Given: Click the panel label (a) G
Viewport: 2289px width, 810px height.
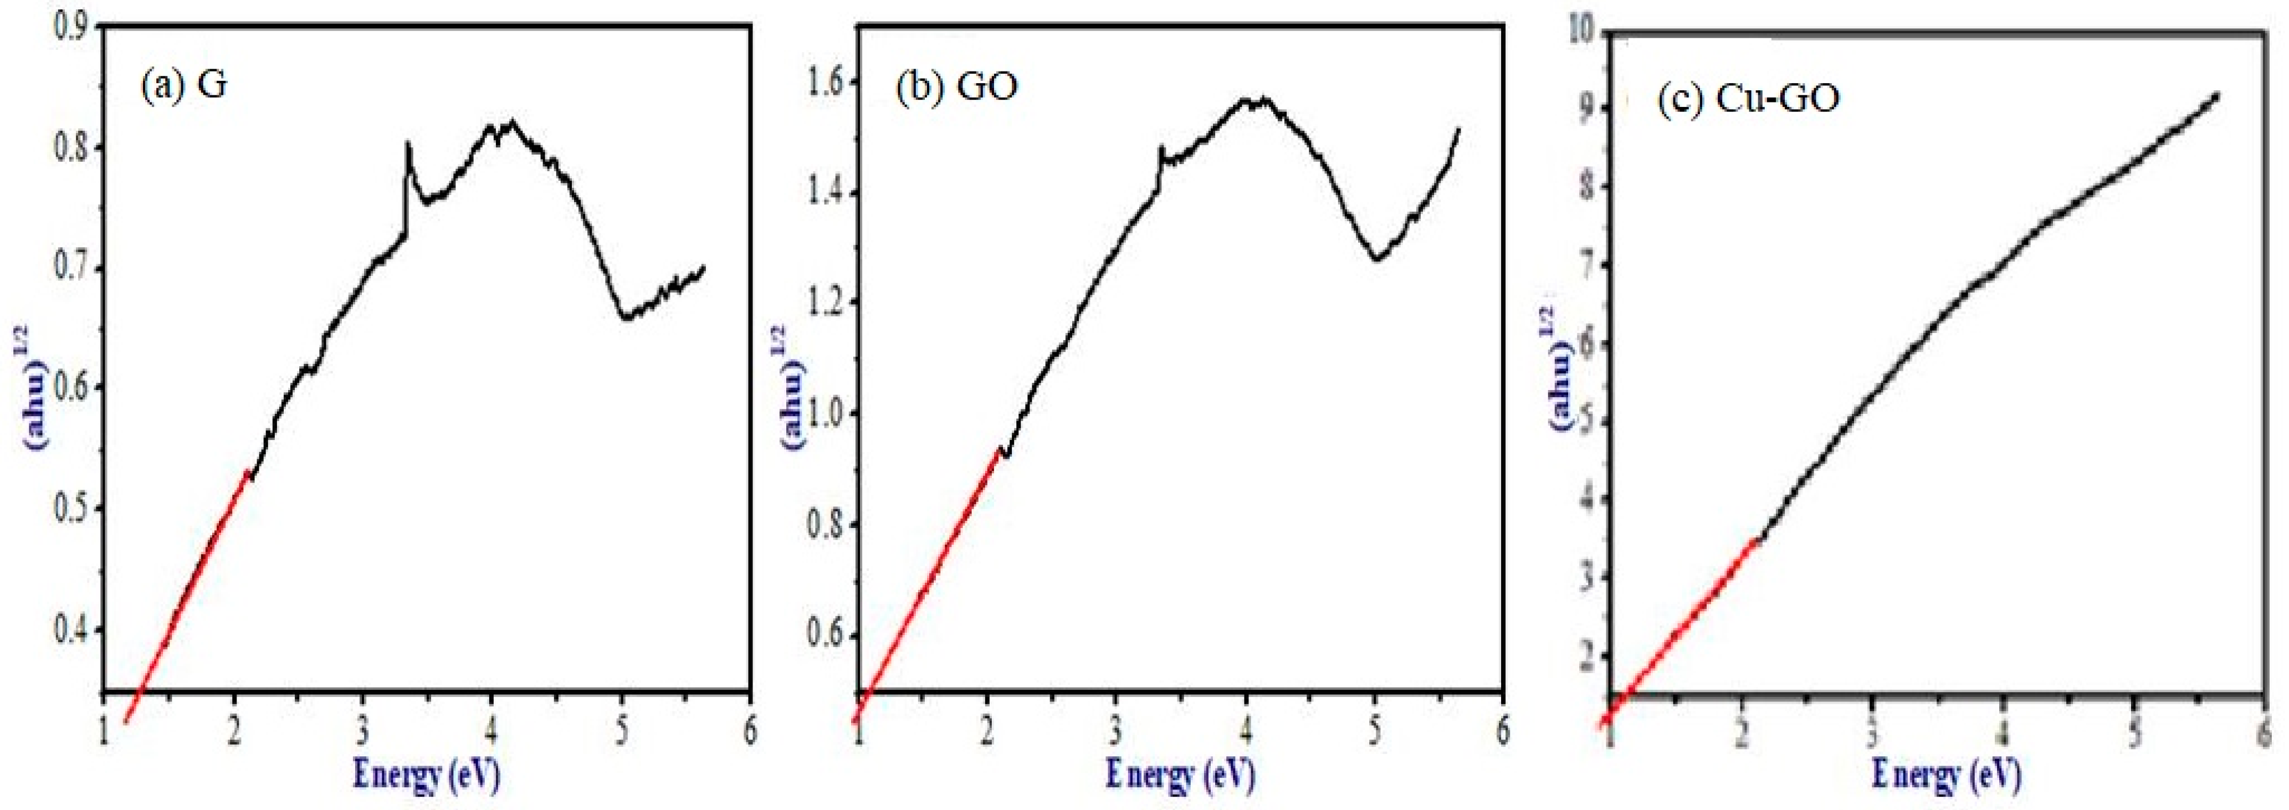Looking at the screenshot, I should (x=184, y=85).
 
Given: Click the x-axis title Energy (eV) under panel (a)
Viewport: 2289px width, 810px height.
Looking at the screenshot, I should (x=427, y=773).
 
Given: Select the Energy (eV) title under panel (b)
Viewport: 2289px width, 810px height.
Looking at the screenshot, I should (x=1180, y=773).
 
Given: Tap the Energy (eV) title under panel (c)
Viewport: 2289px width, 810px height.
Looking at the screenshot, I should (x=1946, y=773).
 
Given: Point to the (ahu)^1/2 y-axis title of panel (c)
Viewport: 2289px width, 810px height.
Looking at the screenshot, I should (x=1564, y=368).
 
